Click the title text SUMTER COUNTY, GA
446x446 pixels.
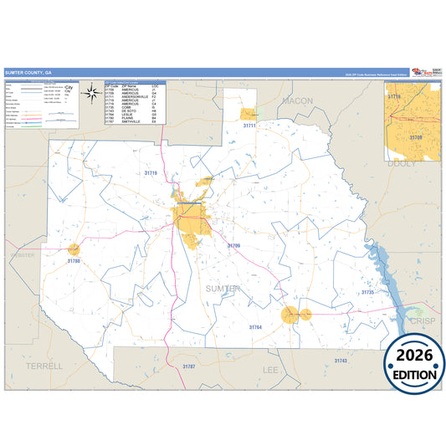[x=27, y=72]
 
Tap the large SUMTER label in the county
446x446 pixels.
[x=223, y=289]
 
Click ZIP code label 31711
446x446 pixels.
[x=249, y=125]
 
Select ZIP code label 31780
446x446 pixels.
[x=74, y=261]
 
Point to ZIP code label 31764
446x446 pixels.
[x=255, y=326]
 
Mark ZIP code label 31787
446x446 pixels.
[x=189, y=367]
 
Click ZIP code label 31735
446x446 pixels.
[x=367, y=292]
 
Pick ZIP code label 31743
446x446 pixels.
[x=339, y=360]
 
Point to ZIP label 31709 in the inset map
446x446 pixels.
[x=415, y=136]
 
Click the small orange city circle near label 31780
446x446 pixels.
[x=74, y=249]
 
